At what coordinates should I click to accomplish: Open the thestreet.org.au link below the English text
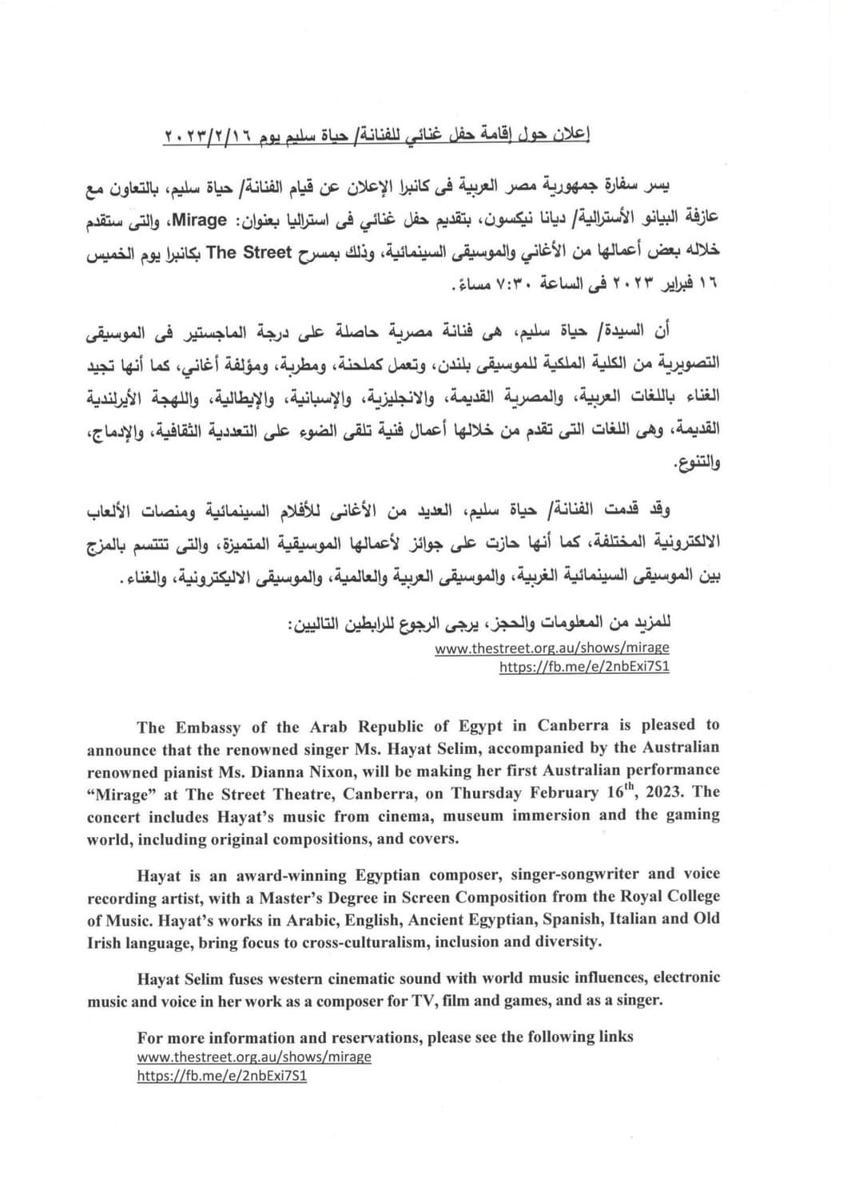coord(254,1057)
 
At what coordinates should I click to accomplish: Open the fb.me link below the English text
coord(222,1075)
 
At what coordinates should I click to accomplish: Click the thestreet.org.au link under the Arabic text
coord(552,648)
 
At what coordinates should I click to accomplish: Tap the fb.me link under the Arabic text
coord(584,666)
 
